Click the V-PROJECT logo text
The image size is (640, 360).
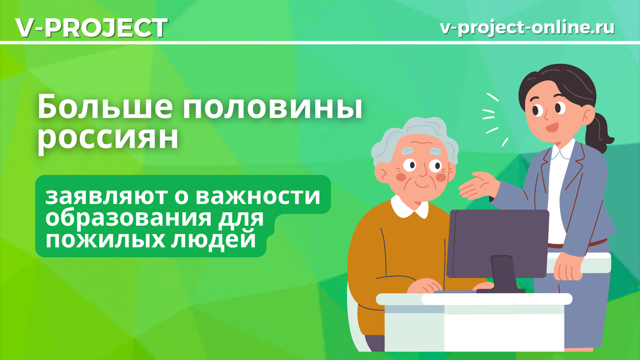pos(91,28)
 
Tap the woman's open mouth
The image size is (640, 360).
pos(550,128)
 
